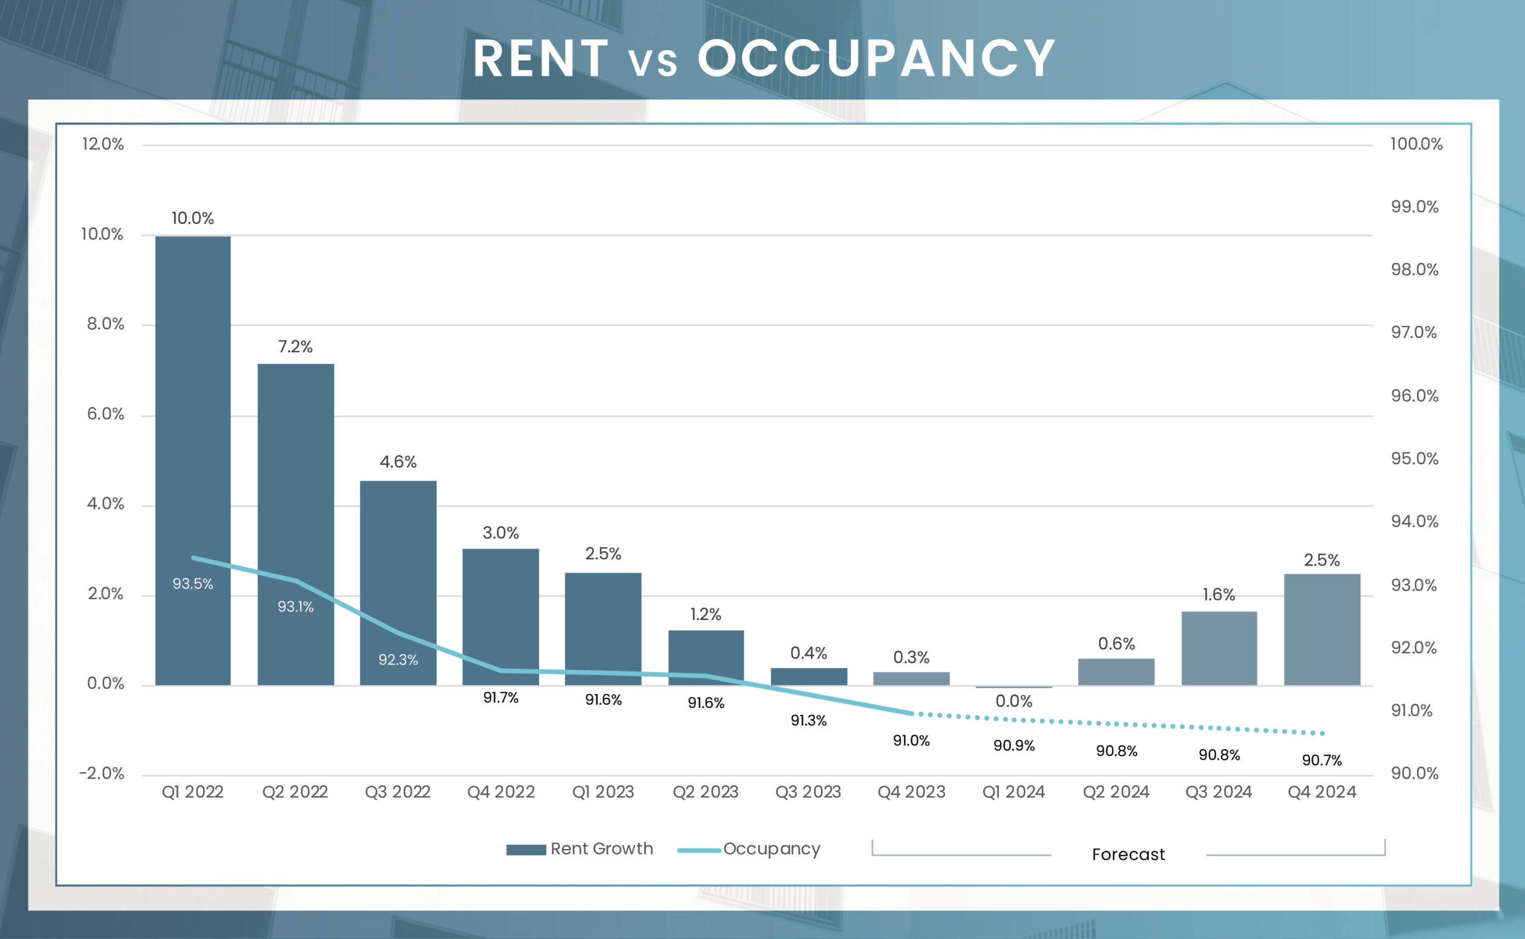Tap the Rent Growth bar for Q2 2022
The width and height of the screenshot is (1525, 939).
295,497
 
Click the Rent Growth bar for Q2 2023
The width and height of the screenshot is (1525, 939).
706,658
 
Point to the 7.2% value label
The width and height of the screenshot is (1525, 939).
295,347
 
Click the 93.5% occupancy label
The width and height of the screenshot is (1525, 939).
192,584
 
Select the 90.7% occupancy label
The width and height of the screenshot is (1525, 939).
1322,760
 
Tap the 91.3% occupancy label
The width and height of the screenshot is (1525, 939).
808,720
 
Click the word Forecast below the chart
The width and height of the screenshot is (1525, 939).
1128,854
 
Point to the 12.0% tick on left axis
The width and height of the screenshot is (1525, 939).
103,144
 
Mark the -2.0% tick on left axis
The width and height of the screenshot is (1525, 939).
101,773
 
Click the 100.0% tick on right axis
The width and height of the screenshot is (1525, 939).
1416,144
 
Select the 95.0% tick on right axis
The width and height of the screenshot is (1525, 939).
1414,458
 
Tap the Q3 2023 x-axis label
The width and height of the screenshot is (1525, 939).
808,792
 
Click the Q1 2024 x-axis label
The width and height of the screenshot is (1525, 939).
1013,792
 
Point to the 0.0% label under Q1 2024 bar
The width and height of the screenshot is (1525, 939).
1013,701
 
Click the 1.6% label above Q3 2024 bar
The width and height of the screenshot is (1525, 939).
1219,595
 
